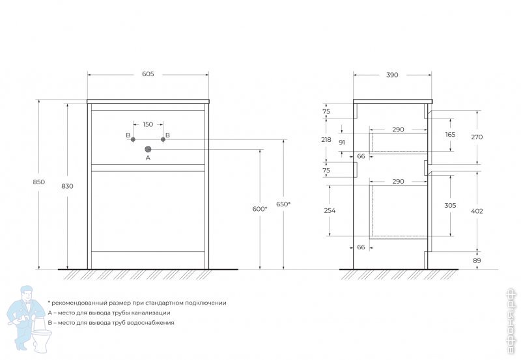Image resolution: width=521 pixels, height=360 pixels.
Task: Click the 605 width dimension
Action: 148,75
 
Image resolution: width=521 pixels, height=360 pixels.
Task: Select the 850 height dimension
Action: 39,182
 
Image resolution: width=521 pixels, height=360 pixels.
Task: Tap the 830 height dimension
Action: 67,186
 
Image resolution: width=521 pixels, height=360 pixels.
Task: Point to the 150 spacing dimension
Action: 148,124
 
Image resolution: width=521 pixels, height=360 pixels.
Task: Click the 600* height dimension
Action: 259,208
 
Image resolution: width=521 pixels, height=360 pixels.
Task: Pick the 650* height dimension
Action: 283,204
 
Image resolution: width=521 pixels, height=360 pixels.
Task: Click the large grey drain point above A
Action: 148,148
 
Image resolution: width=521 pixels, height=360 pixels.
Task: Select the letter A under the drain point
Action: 148,158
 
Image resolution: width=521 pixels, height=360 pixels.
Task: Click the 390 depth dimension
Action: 392,75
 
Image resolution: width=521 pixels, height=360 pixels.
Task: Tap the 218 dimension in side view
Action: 326,140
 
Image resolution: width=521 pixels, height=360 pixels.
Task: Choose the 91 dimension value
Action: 342,142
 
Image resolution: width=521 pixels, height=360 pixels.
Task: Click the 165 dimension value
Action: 450,135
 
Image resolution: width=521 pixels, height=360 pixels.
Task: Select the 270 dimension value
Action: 476,137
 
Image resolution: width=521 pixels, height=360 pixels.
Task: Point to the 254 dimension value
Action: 330,210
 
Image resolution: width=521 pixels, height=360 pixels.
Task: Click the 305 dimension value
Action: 450,205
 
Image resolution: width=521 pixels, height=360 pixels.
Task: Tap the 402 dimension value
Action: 476,210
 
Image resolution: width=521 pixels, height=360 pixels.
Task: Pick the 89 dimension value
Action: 476,261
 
